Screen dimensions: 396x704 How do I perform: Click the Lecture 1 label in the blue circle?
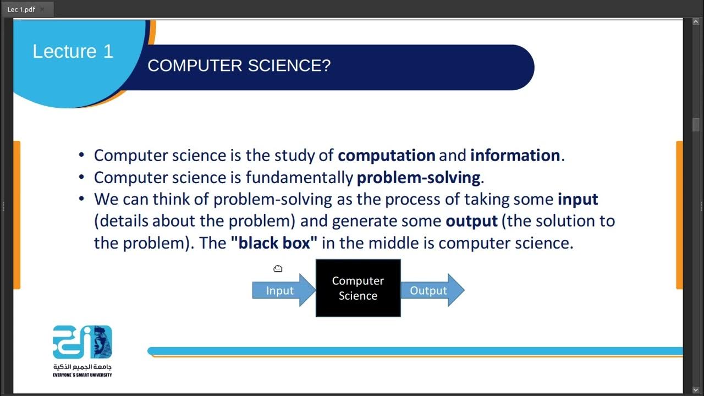coord(73,51)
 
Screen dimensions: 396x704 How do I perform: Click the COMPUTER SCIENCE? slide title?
coord(239,66)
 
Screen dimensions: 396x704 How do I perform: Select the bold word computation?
coord(386,156)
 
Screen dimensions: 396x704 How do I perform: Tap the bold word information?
coord(515,156)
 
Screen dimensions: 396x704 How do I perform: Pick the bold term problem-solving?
coord(419,178)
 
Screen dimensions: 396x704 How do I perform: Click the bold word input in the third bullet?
coord(577,199)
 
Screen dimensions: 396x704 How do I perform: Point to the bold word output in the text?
coord(471,221)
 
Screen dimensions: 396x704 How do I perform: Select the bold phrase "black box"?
coord(274,243)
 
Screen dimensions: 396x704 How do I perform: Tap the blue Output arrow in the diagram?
coord(431,290)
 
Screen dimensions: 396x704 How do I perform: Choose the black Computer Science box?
coord(358,288)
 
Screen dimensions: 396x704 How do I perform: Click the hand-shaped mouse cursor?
coord(278,268)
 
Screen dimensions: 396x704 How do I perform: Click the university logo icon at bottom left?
coord(82,342)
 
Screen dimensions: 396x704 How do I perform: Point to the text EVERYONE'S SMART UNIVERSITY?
coord(82,375)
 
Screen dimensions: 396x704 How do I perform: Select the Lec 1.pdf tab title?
coord(20,9)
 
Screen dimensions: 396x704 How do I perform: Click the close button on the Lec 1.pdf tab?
coord(42,9)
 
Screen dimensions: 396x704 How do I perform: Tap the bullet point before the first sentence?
coord(82,156)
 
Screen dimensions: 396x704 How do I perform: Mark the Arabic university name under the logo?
coord(82,367)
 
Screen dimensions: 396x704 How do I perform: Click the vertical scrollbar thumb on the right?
coord(696,124)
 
